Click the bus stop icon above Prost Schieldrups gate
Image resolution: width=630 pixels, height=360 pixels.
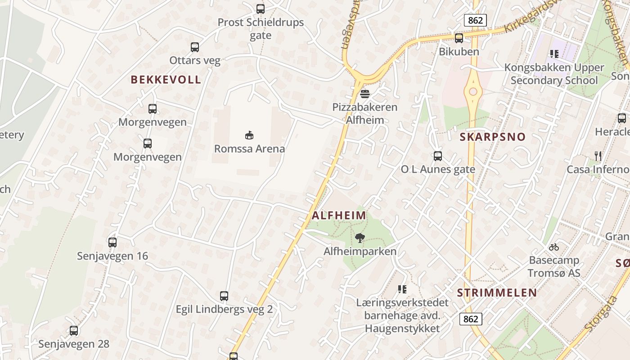click(x=260, y=9)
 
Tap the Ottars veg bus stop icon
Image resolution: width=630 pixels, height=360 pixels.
click(x=195, y=47)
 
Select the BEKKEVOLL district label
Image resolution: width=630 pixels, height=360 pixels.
click(x=166, y=80)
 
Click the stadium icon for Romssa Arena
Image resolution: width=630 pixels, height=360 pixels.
click(x=249, y=135)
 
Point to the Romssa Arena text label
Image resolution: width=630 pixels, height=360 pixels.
click(x=249, y=148)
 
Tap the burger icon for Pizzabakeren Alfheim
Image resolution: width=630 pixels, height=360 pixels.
click(x=364, y=94)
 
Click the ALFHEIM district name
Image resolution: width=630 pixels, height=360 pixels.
click(x=339, y=216)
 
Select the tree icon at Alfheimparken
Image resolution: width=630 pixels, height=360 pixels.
click(x=360, y=238)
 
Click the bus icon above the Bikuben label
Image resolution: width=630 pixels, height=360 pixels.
click(x=459, y=38)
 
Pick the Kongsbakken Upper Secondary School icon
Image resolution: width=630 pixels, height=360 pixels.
click(x=554, y=54)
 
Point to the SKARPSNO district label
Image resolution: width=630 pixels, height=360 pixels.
click(x=493, y=137)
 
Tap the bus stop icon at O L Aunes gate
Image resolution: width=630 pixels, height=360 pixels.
click(x=438, y=156)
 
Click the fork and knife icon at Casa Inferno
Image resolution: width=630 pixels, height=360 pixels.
click(x=598, y=156)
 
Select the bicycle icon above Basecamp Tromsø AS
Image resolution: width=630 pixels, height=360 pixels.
click(x=554, y=247)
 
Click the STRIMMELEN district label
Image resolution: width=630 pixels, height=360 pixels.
click(x=497, y=293)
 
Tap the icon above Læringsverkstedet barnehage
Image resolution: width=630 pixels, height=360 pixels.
click(x=402, y=289)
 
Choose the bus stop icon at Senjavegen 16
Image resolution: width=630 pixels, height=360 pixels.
click(x=112, y=243)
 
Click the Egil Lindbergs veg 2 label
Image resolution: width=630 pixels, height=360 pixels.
click(x=224, y=310)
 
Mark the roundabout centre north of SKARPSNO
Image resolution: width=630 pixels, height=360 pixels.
click(x=473, y=92)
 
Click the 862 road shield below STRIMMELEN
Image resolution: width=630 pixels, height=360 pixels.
click(x=471, y=319)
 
